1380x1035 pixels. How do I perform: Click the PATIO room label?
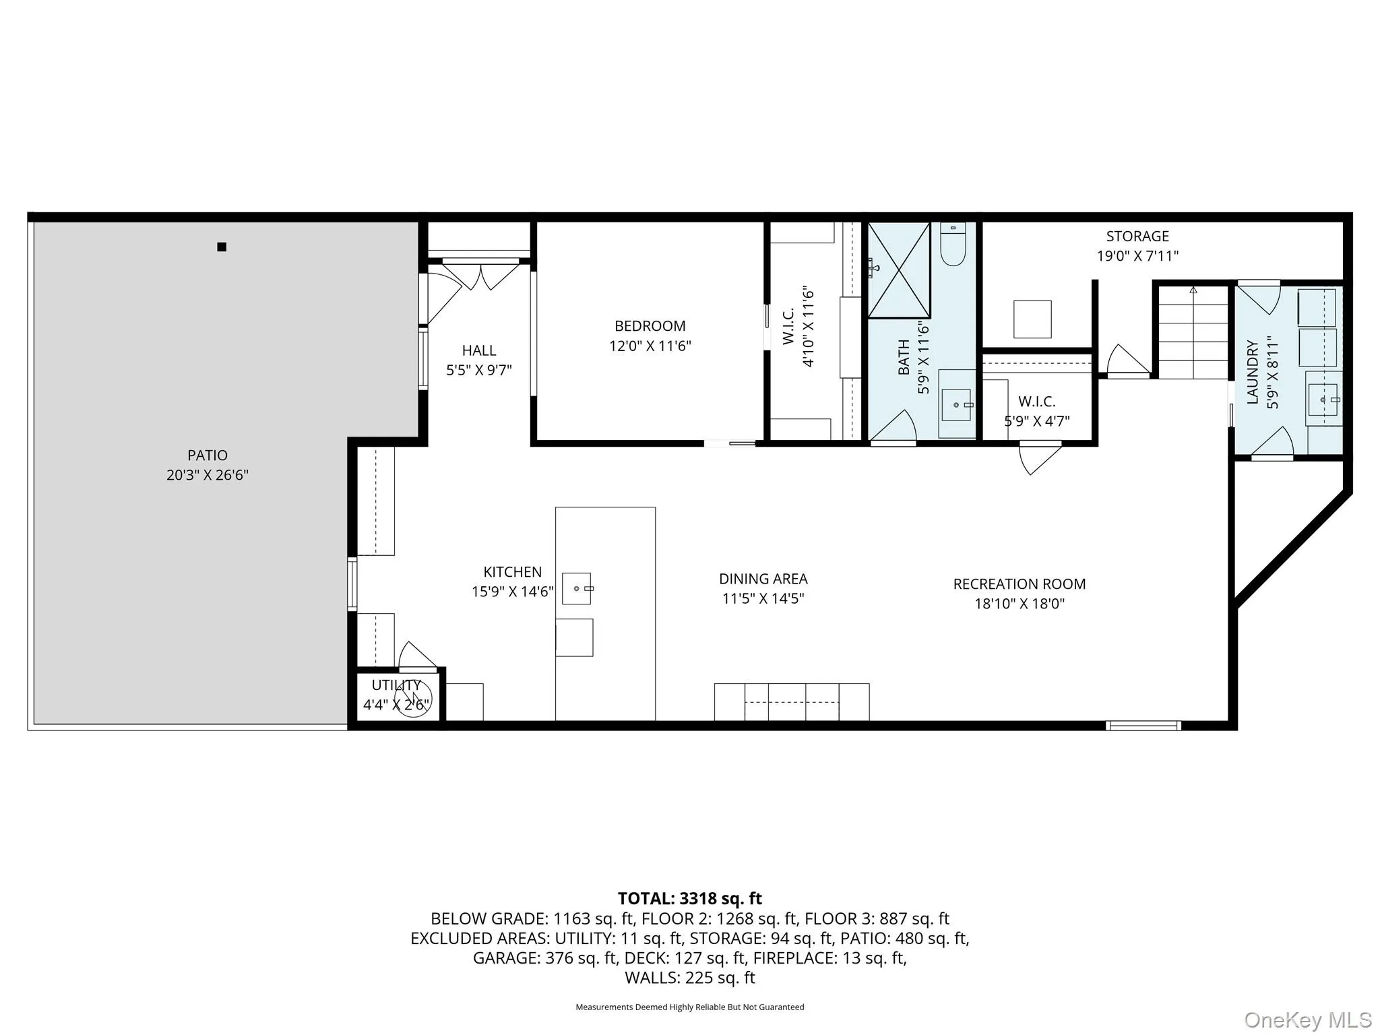(208, 456)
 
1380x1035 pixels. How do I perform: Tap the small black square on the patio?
(222, 247)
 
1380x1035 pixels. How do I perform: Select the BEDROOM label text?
(650, 326)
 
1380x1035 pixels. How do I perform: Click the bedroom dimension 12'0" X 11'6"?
(650, 346)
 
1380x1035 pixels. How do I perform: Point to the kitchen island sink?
(577, 589)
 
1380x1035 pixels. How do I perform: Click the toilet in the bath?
(953, 247)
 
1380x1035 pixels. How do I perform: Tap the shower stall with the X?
(898, 270)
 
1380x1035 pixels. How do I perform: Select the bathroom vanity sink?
(956, 405)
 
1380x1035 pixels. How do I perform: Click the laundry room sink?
(1323, 400)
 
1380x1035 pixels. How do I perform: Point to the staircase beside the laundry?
(1193, 334)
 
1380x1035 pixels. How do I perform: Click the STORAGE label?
(1137, 237)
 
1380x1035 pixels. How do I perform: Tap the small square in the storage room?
(1032, 319)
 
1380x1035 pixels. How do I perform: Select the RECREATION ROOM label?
(1019, 584)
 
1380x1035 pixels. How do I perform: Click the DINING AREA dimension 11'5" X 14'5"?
(763, 598)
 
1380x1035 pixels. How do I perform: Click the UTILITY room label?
(396, 685)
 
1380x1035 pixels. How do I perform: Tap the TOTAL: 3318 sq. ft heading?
(689, 899)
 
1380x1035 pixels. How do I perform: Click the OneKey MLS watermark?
(1307, 1020)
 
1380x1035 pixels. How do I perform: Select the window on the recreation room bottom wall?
(1143, 726)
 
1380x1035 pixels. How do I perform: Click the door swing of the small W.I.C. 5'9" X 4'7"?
(1038, 458)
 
